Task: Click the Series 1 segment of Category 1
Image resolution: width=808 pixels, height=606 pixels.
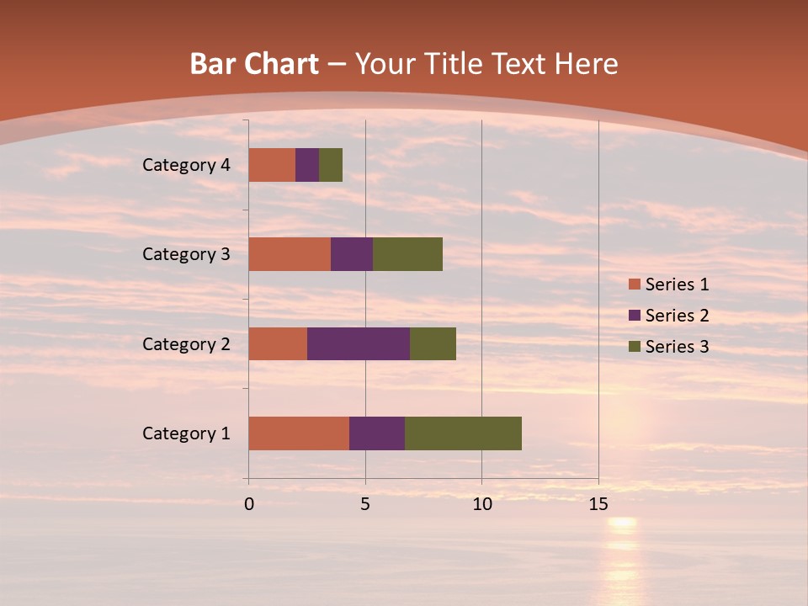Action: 299,433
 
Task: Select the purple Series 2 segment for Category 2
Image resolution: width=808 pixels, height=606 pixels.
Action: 359,343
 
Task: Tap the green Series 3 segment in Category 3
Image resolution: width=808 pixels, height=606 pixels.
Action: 407,254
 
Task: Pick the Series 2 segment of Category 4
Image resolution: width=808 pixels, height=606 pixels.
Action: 307,165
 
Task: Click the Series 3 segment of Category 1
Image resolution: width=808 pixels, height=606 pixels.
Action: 463,433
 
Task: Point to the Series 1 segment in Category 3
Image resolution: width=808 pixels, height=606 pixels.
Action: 290,254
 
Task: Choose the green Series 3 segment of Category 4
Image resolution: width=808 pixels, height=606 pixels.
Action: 331,165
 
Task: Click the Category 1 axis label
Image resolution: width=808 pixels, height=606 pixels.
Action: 186,433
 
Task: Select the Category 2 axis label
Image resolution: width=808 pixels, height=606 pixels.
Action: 186,343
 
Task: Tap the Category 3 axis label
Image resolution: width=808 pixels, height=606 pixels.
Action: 186,254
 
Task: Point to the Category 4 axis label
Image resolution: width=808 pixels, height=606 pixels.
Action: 186,165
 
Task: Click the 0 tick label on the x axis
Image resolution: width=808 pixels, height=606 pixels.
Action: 249,504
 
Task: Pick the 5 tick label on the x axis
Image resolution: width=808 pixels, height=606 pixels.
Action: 365,504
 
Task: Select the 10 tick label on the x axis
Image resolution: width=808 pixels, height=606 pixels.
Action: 481,504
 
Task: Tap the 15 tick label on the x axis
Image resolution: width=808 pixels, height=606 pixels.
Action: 598,504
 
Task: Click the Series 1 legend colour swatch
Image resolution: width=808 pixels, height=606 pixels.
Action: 635,284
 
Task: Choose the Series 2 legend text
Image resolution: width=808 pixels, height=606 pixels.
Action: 677,316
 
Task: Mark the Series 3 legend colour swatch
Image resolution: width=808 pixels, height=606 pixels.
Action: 635,347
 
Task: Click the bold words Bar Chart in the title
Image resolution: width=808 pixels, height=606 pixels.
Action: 253,64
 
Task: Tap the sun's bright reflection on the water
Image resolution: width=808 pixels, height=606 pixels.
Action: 623,524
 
